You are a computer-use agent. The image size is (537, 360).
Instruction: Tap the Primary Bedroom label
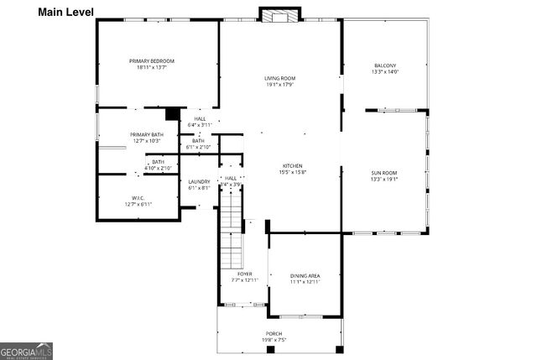click(x=152, y=61)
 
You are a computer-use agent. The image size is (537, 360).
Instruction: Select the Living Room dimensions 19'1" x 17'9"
click(x=280, y=85)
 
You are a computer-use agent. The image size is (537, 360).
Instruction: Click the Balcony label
click(x=385, y=65)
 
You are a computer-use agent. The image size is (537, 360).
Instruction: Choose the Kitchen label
click(x=292, y=166)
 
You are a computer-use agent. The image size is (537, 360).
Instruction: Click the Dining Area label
click(x=305, y=276)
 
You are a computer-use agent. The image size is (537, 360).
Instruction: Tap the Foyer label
click(x=245, y=274)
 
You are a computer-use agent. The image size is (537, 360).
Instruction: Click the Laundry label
click(x=199, y=182)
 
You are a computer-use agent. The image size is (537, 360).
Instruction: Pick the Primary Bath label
click(x=146, y=135)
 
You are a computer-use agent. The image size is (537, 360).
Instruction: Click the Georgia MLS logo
click(x=28, y=349)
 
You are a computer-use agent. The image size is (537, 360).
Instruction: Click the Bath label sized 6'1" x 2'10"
click(x=198, y=141)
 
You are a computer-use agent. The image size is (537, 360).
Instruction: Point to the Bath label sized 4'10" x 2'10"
click(x=158, y=162)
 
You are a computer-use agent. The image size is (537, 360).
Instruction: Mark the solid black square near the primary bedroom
click(x=173, y=113)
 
